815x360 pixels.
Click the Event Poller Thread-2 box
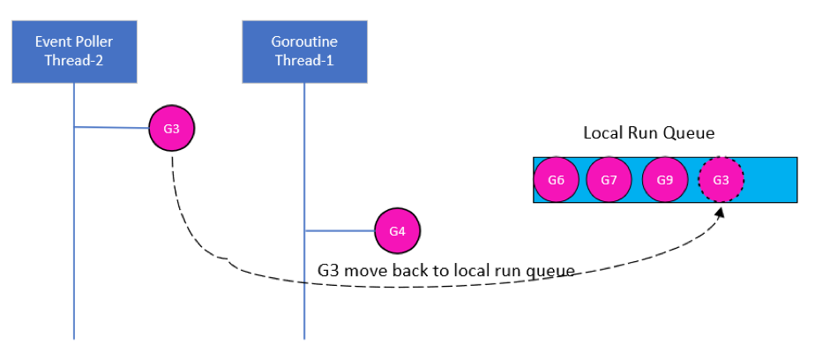(74, 51)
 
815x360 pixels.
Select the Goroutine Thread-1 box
(304, 51)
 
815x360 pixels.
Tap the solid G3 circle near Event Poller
(172, 129)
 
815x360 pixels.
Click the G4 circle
(398, 231)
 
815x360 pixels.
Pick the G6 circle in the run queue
(556, 180)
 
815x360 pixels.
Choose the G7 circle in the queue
(609, 180)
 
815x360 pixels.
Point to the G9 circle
(665, 180)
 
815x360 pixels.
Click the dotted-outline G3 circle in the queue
(721, 180)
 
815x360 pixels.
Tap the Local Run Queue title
(648, 133)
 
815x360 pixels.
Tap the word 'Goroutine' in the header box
(304, 41)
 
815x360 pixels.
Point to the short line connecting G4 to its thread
(340, 231)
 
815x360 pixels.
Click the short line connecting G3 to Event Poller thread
(112, 128)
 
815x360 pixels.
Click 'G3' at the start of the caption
(328, 270)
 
